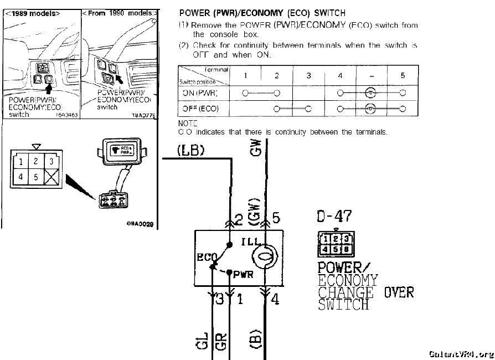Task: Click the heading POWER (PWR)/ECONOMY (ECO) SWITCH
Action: [262, 13]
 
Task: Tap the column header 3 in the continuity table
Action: [308, 76]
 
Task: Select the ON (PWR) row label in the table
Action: [200, 93]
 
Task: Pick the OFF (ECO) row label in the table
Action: [200, 109]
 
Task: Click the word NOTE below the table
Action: [188, 124]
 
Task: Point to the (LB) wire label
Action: [191, 150]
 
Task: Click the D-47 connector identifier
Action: [335, 217]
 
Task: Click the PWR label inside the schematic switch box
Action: [244, 274]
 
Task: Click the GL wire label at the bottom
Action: [203, 340]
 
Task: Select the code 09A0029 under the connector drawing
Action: [140, 225]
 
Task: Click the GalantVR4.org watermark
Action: [461, 354]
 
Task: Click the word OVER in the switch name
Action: [399, 292]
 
